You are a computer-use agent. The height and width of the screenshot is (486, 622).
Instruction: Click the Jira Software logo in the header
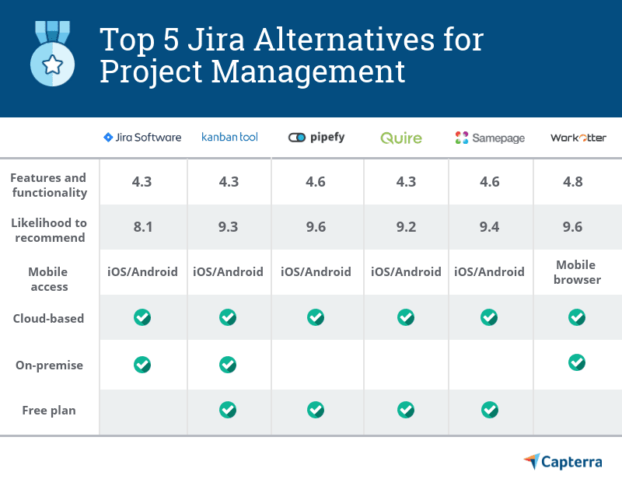[x=142, y=137]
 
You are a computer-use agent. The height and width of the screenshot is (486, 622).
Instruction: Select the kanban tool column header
[x=229, y=137]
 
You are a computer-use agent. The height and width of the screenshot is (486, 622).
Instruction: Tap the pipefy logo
[x=316, y=138]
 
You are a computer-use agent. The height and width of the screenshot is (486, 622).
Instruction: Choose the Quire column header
[x=401, y=138]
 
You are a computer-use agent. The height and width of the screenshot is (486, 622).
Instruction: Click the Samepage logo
[x=489, y=138]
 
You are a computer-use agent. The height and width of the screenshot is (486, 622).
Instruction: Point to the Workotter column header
[x=577, y=138]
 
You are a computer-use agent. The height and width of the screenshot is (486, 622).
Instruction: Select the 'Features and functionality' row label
[x=48, y=185]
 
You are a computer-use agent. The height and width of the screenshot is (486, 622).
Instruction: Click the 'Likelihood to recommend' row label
[x=48, y=230]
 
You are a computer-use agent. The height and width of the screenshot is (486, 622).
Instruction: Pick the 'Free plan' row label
[x=48, y=410]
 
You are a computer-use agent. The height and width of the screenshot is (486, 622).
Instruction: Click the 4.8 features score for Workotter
[x=577, y=182]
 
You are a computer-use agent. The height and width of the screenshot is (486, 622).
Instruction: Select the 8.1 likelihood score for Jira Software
[x=142, y=227]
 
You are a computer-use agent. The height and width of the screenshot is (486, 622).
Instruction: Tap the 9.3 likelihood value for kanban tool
[x=228, y=227]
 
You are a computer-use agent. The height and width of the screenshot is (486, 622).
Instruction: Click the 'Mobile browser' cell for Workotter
[x=577, y=272]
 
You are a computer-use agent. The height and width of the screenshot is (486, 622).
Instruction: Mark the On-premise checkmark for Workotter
[x=577, y=362]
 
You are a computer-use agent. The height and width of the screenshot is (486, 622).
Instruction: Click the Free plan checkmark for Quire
[x=406, y=409]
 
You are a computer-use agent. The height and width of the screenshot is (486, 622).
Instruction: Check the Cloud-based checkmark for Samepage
[x=489, y=317]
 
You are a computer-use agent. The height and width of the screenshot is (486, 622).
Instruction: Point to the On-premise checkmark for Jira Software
[x=142, y=364]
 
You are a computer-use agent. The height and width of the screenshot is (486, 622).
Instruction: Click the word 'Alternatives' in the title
[x=327, y=38]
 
